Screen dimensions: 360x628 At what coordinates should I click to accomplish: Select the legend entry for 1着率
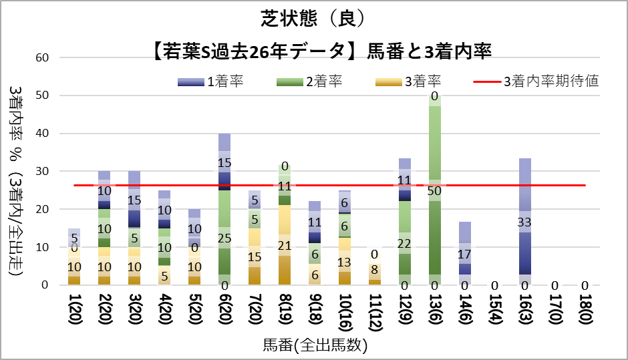[210, 81]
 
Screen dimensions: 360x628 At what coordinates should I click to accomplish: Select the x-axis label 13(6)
[435, 313]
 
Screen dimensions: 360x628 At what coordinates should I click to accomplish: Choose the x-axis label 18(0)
[585, 313]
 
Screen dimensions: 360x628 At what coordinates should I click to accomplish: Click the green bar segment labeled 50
[435, 190]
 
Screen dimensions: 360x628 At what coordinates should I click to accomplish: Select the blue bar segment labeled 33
[524, 222]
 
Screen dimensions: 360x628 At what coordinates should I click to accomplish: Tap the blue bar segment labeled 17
[465, 254]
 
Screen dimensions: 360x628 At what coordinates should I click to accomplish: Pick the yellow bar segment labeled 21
[284, 245]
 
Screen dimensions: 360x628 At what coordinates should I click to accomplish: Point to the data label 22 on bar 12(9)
[404, 244]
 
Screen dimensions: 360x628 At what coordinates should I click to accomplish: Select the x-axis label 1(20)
[74, 313]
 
